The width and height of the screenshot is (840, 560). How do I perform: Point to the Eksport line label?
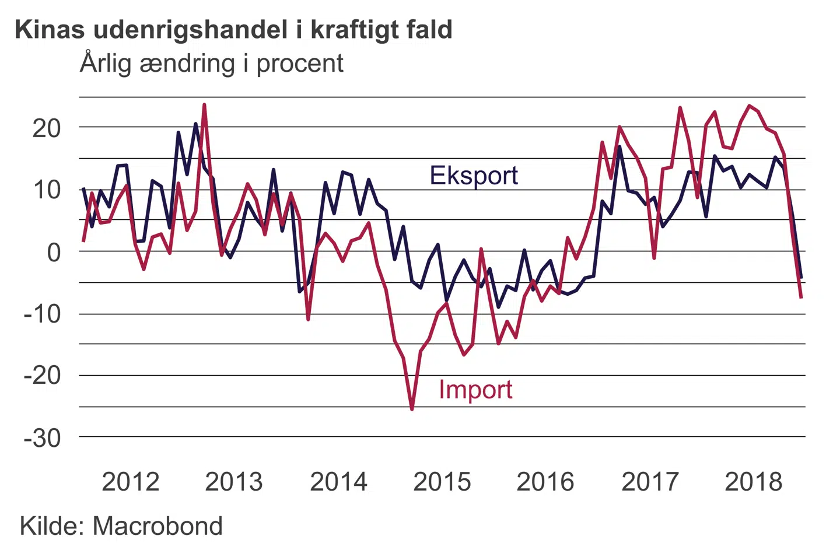point(474,176)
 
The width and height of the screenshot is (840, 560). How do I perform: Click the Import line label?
point(475,390)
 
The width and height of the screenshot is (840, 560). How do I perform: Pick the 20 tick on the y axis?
point(47,128)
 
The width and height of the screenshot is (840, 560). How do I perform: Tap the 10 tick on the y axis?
point(47,190)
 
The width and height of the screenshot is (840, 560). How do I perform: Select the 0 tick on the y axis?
point(54,253)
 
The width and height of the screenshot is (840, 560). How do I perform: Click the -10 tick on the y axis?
point(43,314)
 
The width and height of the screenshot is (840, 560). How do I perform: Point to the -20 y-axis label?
point(43,376)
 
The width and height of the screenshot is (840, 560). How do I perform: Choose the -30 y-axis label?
point(43,438)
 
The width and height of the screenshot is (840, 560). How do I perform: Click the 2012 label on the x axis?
point(131,482)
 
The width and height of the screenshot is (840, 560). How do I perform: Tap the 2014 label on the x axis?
point(338,482)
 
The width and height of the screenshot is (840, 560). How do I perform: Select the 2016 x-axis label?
point(545,482)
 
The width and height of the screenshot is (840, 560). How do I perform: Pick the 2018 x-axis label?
point(753,482)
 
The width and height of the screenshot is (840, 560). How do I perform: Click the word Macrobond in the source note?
point(157,526)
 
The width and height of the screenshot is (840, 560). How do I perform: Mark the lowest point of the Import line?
point(412,409)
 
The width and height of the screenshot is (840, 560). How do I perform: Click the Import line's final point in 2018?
point(801,297)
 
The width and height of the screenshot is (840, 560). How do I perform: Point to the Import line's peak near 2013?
point(204,105)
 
